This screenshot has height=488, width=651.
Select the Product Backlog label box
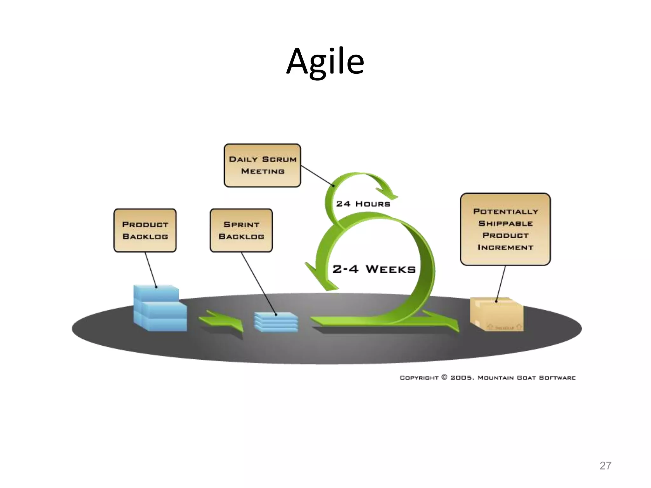(145, 230)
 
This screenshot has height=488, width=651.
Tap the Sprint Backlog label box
(241, 230)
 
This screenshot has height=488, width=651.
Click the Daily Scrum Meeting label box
(262, 165)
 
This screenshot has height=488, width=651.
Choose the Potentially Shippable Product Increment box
(505, 229)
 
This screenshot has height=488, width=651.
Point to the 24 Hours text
(363, 204)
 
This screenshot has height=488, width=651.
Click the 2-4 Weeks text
(374, 269)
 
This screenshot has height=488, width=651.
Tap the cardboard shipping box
(497, 314)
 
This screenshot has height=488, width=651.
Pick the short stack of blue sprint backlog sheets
(276, 322)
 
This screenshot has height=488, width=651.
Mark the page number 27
(605, 465)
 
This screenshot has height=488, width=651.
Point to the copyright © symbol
(444, 377)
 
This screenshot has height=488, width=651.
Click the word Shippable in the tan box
(505, 223)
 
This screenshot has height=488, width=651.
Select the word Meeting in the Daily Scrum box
(263, 171)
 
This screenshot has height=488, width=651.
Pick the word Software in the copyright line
(557, 378)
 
